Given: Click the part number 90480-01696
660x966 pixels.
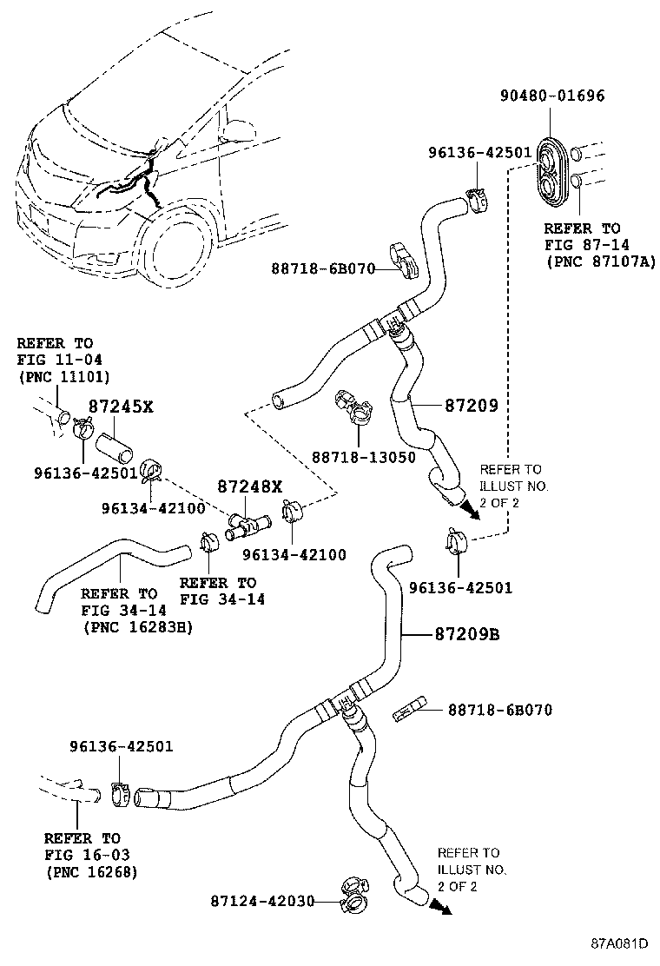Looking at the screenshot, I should click(552, 96).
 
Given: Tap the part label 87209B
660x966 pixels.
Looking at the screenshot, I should click(467, 634).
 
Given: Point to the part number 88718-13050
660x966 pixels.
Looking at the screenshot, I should click(363, 457).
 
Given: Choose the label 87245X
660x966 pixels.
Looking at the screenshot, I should click(121, 406).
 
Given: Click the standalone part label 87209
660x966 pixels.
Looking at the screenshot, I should click(470, 406).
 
